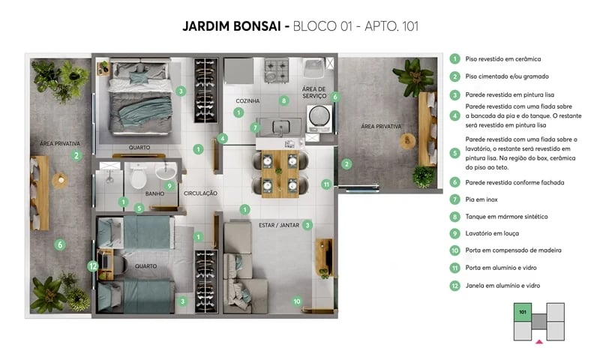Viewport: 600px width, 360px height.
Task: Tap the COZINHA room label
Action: tap(247, 100)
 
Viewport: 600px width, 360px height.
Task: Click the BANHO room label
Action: tap(155, 193)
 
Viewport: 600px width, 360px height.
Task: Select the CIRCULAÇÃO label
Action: tap(200, 193)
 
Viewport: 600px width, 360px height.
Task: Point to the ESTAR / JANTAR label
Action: tap(276, 223)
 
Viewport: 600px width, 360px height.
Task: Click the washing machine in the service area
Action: tap(319, 118)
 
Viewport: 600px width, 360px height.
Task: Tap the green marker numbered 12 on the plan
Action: tap(92, 265)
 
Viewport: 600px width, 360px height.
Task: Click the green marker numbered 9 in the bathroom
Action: tap(169, 185)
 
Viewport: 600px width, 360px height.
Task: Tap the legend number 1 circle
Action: tap(454, 58)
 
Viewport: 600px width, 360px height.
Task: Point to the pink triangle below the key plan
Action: tap(538, 342)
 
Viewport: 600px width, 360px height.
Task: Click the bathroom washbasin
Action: tap(165, 172)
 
